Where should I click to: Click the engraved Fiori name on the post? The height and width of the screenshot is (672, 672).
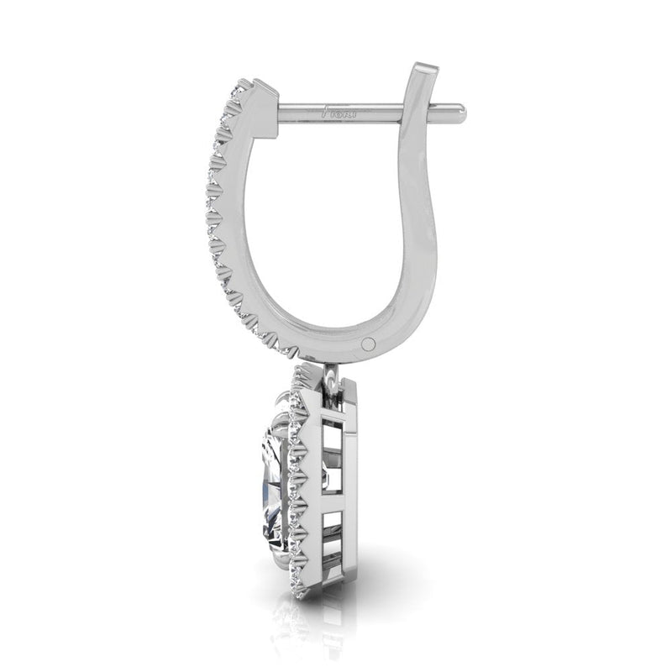tap(337, 109)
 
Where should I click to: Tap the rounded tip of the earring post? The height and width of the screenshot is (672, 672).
tap(458, 108)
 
